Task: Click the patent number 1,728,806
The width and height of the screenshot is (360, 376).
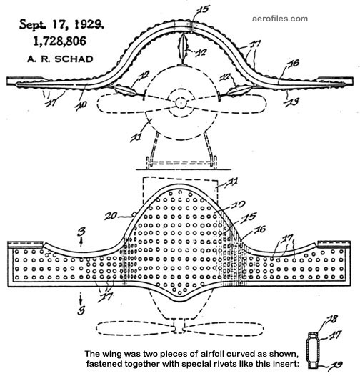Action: coord(59,41)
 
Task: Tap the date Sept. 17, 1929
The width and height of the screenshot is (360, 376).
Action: coord(61,24)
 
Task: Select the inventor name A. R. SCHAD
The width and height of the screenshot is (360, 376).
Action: coord(60,59)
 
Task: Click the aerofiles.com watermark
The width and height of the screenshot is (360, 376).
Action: coord(280,19)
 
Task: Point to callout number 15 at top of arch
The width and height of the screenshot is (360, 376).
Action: coord(203,9)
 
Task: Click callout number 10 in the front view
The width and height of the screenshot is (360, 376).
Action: coord(81,105)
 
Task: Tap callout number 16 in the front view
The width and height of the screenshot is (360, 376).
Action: coord(294,64)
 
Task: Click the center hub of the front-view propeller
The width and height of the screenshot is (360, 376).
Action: coord(181,103)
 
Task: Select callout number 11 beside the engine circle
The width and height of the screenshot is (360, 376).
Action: coord(136,137)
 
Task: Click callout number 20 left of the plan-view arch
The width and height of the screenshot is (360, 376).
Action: coord(111,216)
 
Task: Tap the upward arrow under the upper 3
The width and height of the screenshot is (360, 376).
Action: coord(81,242)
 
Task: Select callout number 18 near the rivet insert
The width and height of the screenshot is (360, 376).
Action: coord(332,320)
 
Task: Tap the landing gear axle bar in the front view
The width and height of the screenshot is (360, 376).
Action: coord(181,163)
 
